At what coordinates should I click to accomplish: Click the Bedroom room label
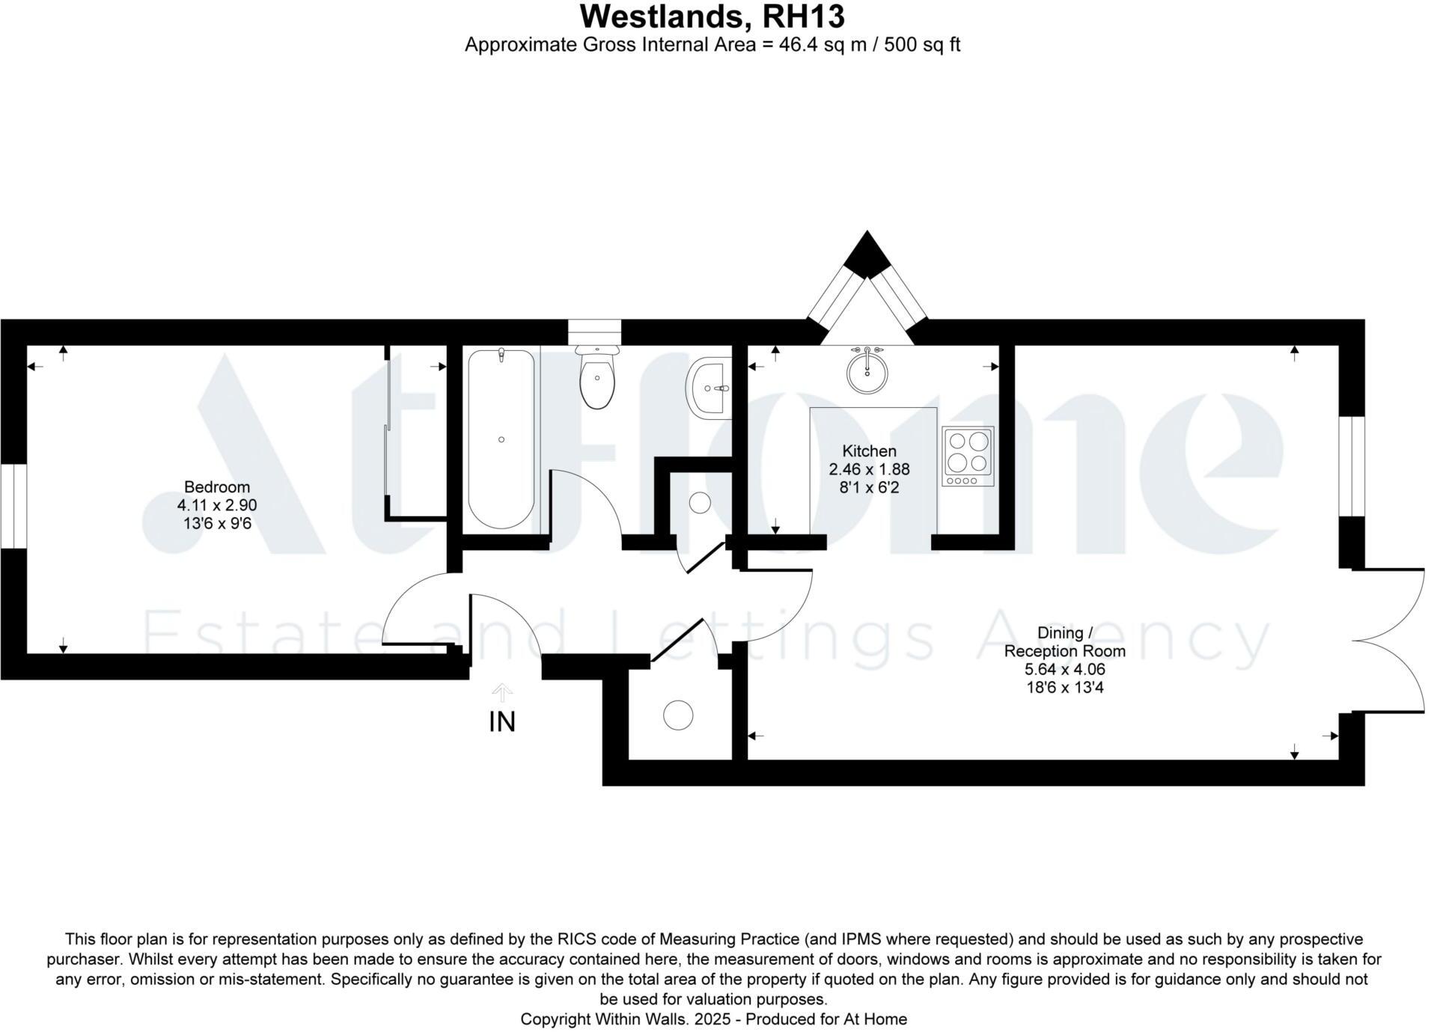pyautogui.click(x=217, y=487)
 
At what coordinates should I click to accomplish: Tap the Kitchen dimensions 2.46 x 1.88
pyautogui.click(x=868, y=470)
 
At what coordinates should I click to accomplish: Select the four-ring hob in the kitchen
pyautogui.click(x=968, y=456)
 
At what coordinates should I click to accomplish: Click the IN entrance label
pyautogui.click(x=501, y=722)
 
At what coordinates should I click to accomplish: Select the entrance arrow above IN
pyautogui.click(x=501, y=692)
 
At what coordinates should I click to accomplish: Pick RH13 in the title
pyautogui.click(x=803, y=16)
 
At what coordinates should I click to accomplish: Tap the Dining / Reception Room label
pyautogui.click(x=1064, y=642)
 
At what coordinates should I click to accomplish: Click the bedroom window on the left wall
pyautogui.click(x=13, y=506)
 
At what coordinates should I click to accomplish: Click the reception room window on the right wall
pyautogui.click(x=1352, y=466)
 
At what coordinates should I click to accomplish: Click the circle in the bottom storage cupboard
pyautogui.click(x=678, y=715)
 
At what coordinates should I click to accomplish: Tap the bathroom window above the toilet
pyautogui.click(x=594, y=330)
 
